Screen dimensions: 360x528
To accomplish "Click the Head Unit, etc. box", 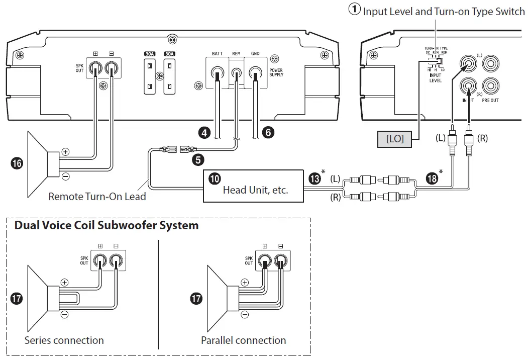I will coord(253,187).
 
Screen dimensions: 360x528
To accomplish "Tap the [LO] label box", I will coord(395,138).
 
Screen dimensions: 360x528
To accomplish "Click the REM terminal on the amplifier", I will coord(236,74).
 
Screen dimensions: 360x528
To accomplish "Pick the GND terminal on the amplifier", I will coord(256,74).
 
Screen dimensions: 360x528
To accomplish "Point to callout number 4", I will coord(203,133).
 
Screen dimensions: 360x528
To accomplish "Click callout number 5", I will coord(198,160).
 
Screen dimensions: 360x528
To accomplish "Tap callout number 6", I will coord(269,133).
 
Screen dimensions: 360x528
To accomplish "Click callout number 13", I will coord(315,179).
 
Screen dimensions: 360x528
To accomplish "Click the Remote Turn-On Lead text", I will coord(97,197).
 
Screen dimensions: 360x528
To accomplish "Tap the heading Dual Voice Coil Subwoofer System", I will coord(107,226).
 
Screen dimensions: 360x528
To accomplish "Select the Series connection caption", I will coord(64,340).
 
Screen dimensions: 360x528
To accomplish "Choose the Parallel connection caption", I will coord(244,340).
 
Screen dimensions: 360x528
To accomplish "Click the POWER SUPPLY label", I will coord(276,72).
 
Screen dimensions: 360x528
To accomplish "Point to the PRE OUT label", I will coord(491,101).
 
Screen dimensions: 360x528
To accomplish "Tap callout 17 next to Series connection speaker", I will coord(16,299).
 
